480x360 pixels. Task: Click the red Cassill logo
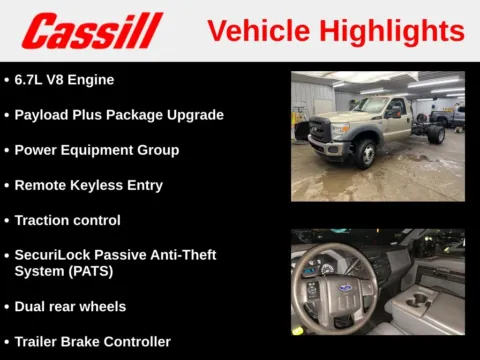[92, 31]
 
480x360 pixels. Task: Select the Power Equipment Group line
[96, 150]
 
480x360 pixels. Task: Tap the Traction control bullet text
[67, 220]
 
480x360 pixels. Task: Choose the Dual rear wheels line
[70, 306]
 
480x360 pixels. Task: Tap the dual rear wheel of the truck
[435, 134]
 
